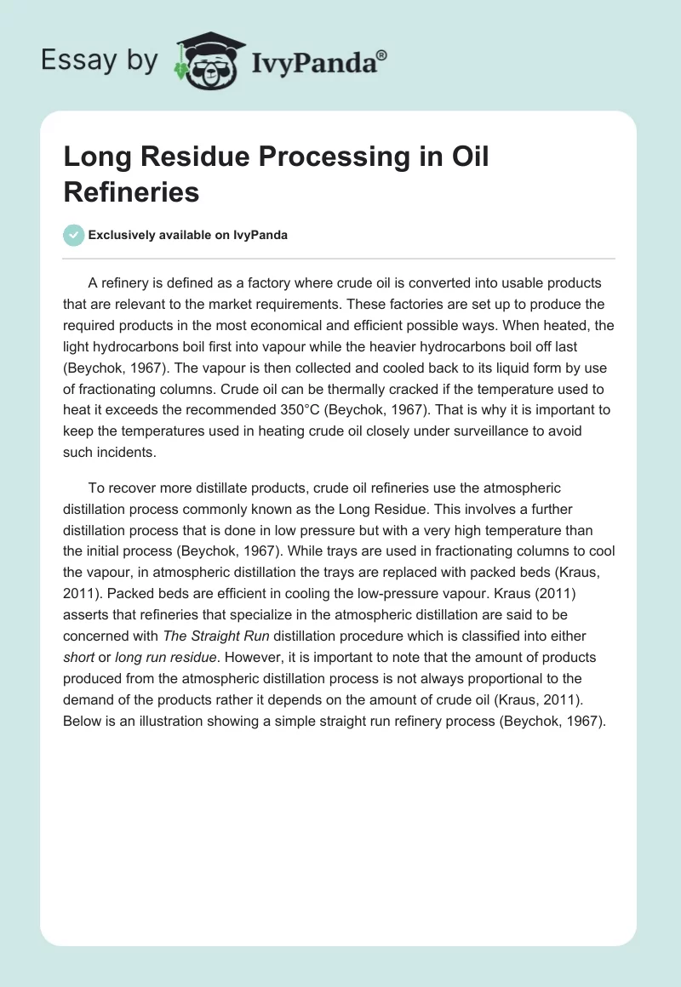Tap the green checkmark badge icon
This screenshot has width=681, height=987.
[x=74, y=235]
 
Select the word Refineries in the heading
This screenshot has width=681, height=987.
[x=131, y=192]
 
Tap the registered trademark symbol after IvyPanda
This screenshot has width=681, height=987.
[x=382, y=57]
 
